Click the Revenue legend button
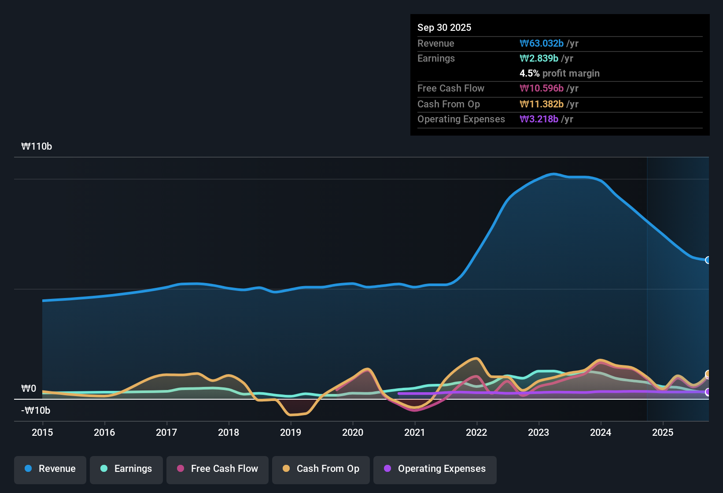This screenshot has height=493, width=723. (50, 469)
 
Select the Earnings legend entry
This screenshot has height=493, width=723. (126, 469)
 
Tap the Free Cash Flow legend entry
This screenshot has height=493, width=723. (218, 469)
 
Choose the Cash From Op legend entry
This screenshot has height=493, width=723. (321, 469)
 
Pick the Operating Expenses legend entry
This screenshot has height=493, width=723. (435, 469)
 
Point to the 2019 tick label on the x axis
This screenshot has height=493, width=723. (291, 432)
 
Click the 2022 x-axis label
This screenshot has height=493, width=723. (476, 432)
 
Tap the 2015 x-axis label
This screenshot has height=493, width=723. (42, 432)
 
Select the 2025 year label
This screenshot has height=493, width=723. (663, 432)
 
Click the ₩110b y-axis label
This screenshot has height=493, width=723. (37, 147)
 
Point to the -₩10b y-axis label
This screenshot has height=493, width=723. (36, 411)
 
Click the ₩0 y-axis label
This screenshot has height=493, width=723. (29, 389)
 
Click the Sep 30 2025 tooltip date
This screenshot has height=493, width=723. (444, 27)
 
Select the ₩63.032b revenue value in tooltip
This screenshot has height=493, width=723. (542, 43)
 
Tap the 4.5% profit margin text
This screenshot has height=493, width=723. (559, 73)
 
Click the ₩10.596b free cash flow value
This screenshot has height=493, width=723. (542, 88)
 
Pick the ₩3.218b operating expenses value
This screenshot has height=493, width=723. (539, 119)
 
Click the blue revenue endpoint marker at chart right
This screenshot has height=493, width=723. (708, 260)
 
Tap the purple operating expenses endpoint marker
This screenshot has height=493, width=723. (708, 392)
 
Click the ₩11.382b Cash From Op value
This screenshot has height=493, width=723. (542, 104)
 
